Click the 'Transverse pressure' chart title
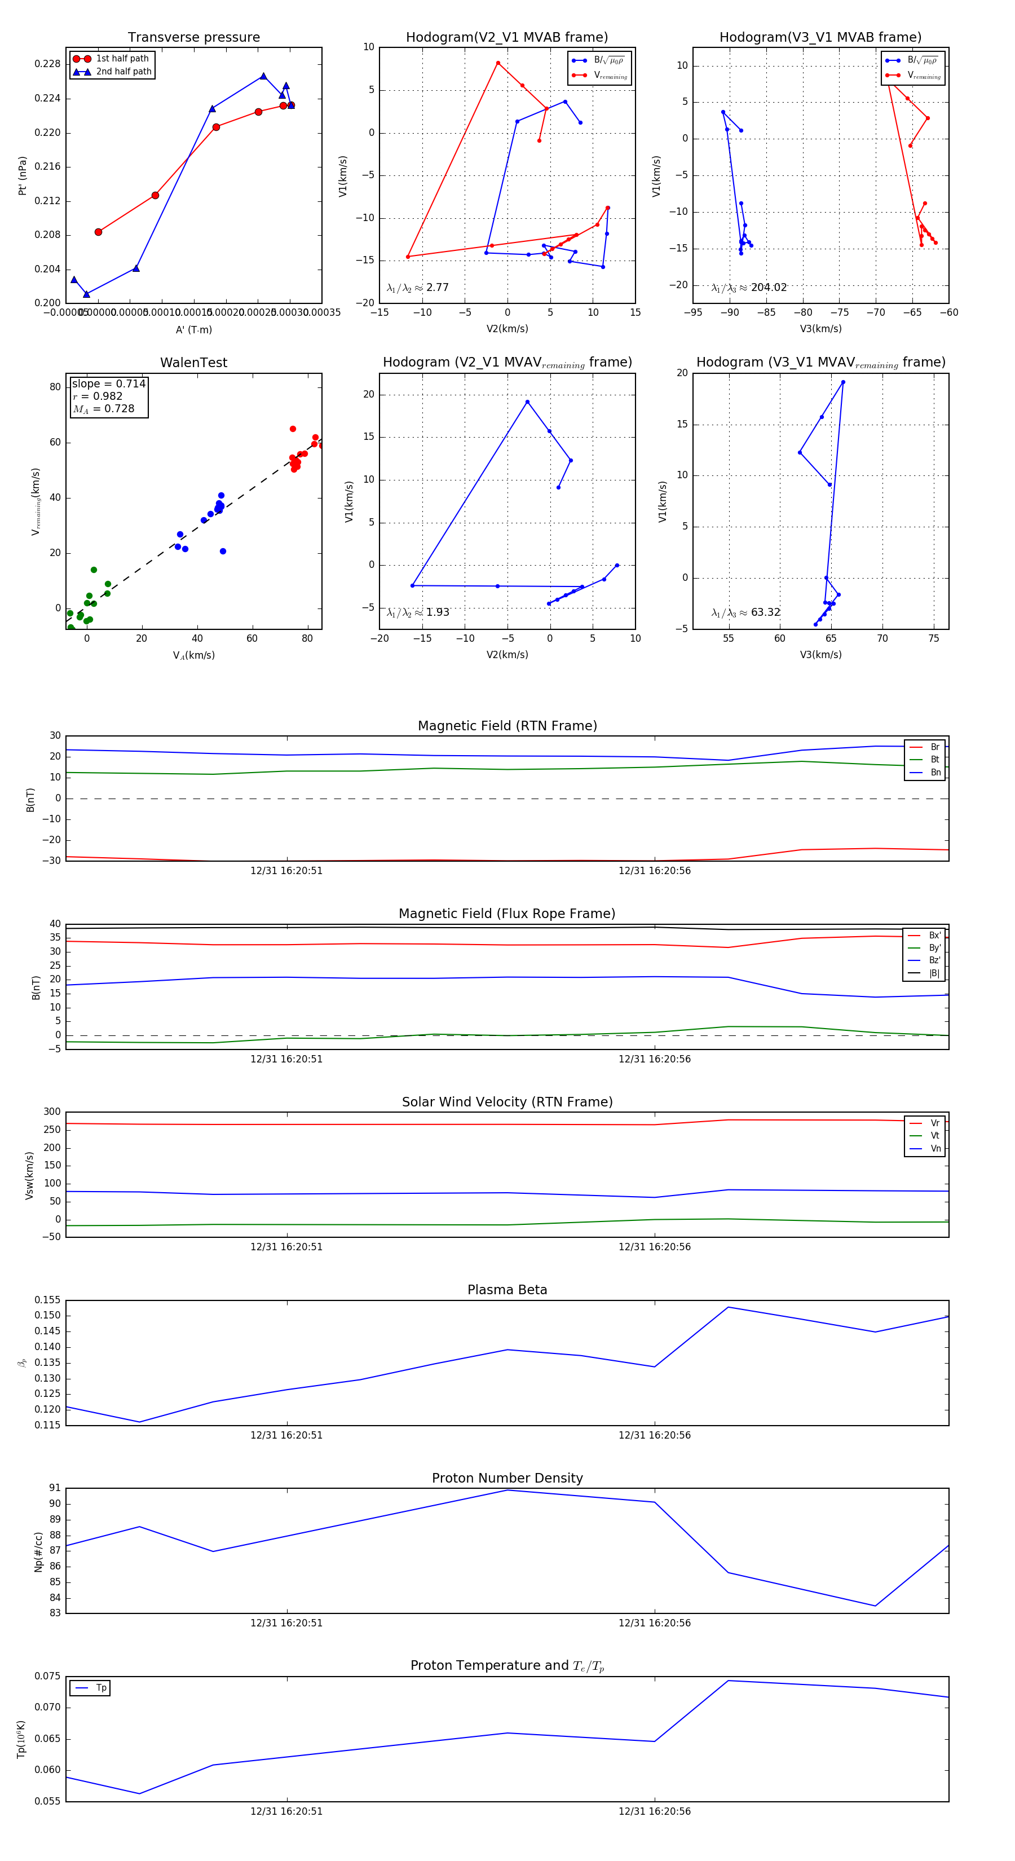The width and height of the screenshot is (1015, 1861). tap(193, 38)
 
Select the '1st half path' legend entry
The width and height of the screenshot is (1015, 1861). tap(122, 59)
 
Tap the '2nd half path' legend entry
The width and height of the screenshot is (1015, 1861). tap(123, 72)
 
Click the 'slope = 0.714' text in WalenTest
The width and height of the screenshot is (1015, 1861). tap(108, 383)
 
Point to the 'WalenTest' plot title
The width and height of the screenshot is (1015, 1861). tap(193, 363)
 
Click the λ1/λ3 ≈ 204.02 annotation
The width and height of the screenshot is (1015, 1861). tap(748, 288)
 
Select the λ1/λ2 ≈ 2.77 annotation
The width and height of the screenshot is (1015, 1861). tap(417, 288)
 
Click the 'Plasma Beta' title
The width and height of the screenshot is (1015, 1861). tap(507, 1290)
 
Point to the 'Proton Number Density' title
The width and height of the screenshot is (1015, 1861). tap(507, 1478)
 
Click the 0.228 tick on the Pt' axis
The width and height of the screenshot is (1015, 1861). tap(48, 64)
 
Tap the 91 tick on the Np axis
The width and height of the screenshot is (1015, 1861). tap(55, 1488)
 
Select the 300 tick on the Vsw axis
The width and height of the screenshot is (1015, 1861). tap(52, 1112)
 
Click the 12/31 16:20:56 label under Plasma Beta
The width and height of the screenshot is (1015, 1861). tap(655, 1435)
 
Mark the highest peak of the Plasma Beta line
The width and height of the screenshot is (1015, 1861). tap(728, 1307)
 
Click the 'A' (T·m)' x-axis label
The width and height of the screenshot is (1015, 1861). tap(193, 329)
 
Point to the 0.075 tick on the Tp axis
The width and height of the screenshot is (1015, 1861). tap(48, 1676)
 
